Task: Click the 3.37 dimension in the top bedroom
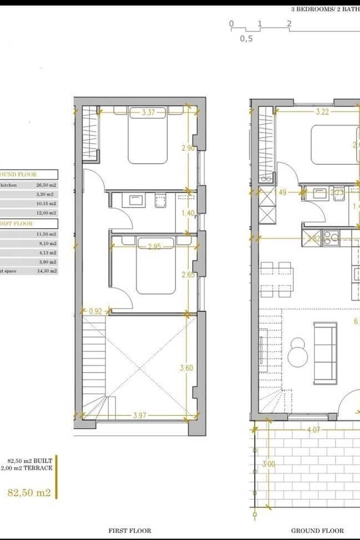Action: tap(148, 113)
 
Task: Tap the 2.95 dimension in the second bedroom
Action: tap(154, 246)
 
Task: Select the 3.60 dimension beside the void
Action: tap(186, 368)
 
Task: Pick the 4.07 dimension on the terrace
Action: tap(313, 430)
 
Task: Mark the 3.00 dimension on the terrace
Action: tap(270, 464)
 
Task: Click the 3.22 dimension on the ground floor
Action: tap(322, 112)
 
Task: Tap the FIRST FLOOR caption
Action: tap(130, 531)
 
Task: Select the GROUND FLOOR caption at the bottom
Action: tap(317, 531)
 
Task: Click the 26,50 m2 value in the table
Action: tap(46, 184)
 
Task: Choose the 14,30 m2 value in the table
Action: tap(46, 271)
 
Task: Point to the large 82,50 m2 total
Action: tap(29, 492)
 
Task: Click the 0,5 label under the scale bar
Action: tap(246, 39)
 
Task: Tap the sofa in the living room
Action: tap(325, 353)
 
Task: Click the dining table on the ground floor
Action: tap(276, 279)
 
